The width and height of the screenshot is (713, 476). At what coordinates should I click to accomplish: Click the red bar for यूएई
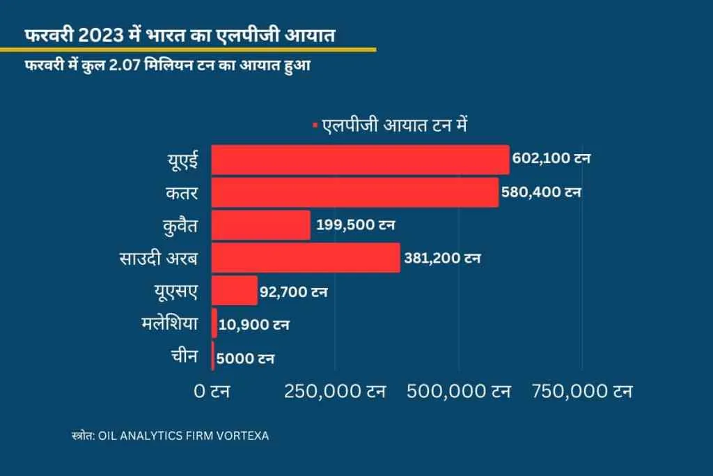pyautogui.click(x=360, y=160)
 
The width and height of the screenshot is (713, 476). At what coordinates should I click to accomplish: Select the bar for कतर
pyautogui.click(x=355, y=192)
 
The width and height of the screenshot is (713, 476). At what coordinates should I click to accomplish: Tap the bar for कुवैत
pyautogui.click(x=261, y=225)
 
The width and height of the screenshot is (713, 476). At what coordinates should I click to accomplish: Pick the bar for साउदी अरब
pyautogui.click(x=306, y=258)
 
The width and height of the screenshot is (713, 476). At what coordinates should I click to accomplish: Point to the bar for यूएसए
pyautogui.click(x=235, y=291)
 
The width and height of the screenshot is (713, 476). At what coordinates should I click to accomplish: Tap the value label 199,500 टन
pyautogui.click(x=355, y=224)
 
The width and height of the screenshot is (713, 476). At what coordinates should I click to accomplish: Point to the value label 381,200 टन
pyautogui.click(x=441, y=259)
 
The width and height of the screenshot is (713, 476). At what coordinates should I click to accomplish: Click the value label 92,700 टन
pyautogui.click(x=293, y=291)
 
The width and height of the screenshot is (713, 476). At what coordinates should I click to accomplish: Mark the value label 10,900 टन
pyautogui.click(x=253, y=325)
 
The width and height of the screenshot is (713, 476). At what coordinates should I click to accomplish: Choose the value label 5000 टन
pyautogui.click(x=245, y=359)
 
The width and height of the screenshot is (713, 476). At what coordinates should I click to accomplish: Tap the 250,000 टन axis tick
pyautogui.click(x=336, y=392)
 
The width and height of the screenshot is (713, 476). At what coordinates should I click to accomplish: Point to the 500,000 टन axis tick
pyautogui.click(x=459, y=392)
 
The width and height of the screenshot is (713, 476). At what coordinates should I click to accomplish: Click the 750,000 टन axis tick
pyautogui.click(x=582, y=392)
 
